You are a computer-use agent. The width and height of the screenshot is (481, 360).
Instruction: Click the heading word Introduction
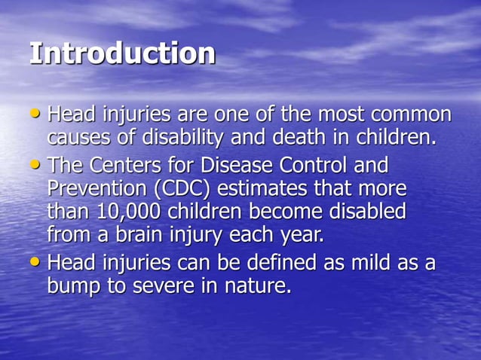122,54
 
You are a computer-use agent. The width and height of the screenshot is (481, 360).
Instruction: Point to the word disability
201,139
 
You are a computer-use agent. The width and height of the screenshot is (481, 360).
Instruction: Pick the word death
315,139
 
